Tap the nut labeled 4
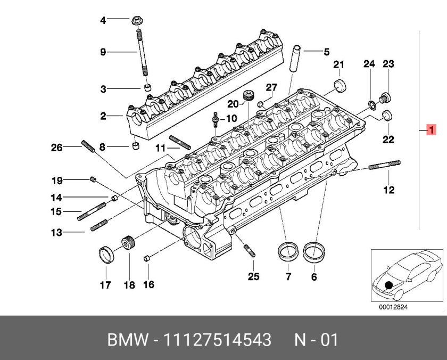click(x=137, y=21)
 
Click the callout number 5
click(x=326, y=52)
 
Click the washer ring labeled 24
click(x=370, y=104)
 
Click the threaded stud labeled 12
click(x=384, y=165)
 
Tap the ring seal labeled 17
click(x=106, y=254)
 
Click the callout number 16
click(x=148, y=285)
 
